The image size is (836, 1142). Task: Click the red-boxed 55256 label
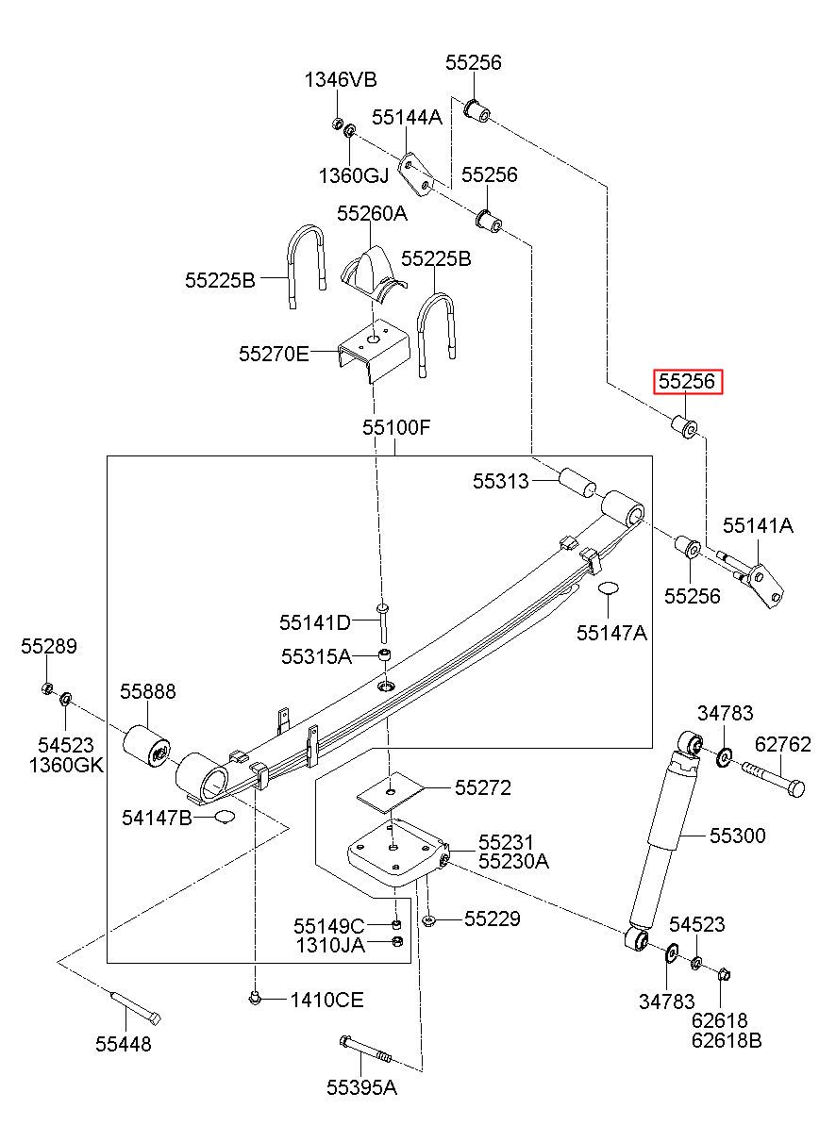point(687,381)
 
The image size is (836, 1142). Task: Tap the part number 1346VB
point(341,79)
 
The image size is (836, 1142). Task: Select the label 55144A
point(407,117)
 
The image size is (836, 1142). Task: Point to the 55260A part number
point(372,213)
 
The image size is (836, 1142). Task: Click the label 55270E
point(274,354)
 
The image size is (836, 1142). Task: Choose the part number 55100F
point(396,427)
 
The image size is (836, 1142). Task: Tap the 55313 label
point(500,481)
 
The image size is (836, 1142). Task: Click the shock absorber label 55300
point(738,836)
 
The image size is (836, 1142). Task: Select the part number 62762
point(782,744)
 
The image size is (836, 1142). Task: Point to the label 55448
point(124,1044)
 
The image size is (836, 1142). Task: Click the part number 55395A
point(361,1087)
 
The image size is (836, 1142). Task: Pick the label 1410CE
point(327,1000)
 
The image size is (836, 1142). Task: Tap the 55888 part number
point(148,691)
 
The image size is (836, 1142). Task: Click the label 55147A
point(611,633)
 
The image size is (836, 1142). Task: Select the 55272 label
point(482,787)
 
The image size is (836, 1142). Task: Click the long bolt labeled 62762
point(774,779)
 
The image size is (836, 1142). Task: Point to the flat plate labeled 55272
point(391,792)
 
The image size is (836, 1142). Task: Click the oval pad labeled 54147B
point(225,817)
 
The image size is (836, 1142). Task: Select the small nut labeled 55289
point(47,688)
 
